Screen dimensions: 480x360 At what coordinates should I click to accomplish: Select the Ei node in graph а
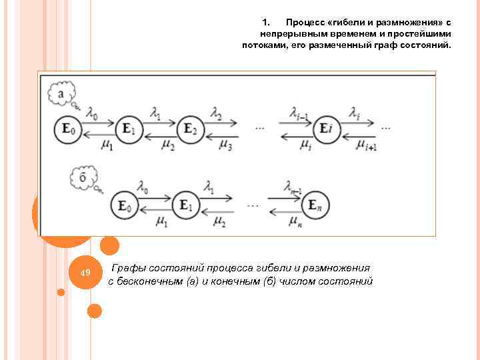(x=325, y=128)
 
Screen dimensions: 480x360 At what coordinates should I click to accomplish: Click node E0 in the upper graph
(x=68, y=128)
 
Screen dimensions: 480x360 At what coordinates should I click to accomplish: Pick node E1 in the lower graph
(x=186, y=205)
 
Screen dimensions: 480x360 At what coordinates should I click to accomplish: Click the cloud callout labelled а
(x=61, y=94)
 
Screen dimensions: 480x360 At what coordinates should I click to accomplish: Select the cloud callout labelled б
(x=83, y=178)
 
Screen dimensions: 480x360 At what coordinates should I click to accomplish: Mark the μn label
(x=295, y=220)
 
